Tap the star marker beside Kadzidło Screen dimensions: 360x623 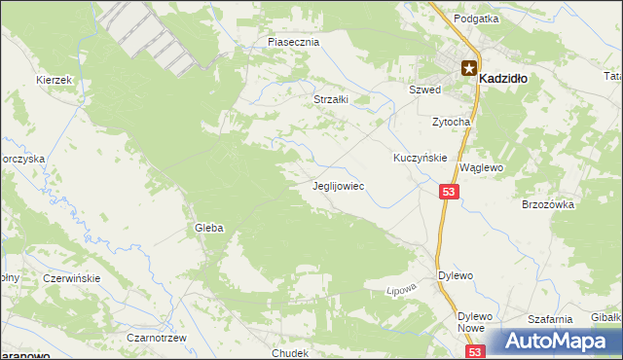469,67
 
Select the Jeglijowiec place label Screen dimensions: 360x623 338,185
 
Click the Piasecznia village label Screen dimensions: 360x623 294,43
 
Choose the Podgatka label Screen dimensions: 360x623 476,18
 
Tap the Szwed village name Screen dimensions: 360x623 424,90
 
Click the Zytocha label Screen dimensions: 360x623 452,122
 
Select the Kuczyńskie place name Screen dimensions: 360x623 420,158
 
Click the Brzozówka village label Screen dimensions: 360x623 550,205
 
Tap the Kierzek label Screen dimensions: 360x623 55,80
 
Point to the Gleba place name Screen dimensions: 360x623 209,228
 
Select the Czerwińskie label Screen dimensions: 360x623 72,277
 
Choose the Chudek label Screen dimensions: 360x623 291,353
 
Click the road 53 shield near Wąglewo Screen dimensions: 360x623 448,194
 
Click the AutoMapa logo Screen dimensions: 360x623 557,342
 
